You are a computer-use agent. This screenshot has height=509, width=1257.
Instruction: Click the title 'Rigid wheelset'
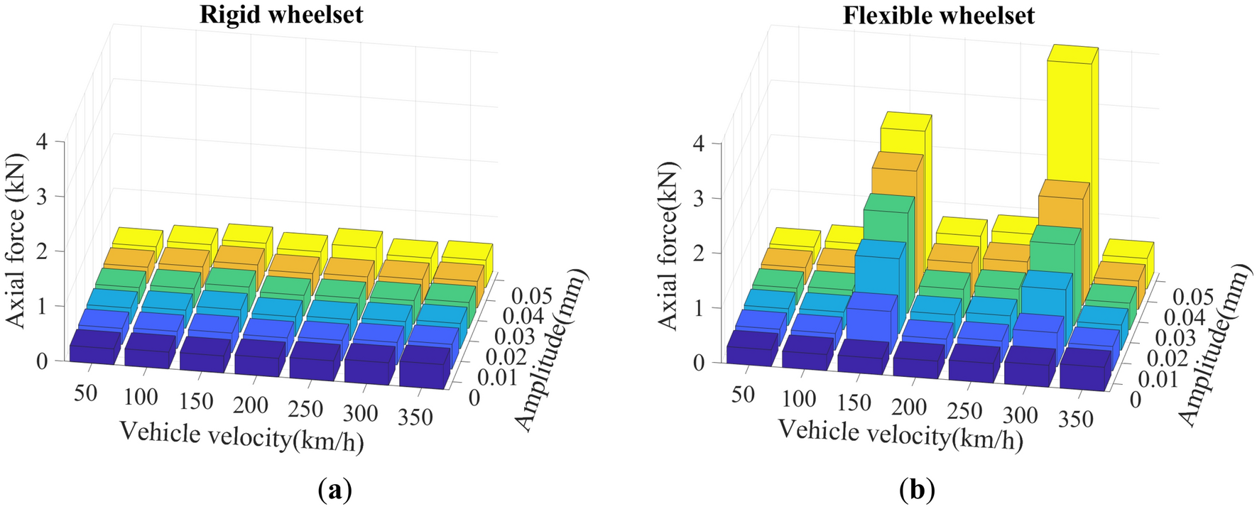[281, 15]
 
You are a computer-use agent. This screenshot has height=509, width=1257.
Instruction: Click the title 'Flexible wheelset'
[938, 16]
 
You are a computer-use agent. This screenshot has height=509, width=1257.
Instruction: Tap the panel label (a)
[335, 490]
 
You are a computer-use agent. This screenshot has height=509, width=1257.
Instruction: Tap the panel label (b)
[917, 490]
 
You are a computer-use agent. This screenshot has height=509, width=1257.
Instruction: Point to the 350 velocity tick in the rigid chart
[415, 417]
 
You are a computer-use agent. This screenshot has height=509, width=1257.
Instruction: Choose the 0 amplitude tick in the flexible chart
[1135, 400]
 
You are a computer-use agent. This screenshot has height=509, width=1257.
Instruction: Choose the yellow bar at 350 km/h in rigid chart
[467, 259]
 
